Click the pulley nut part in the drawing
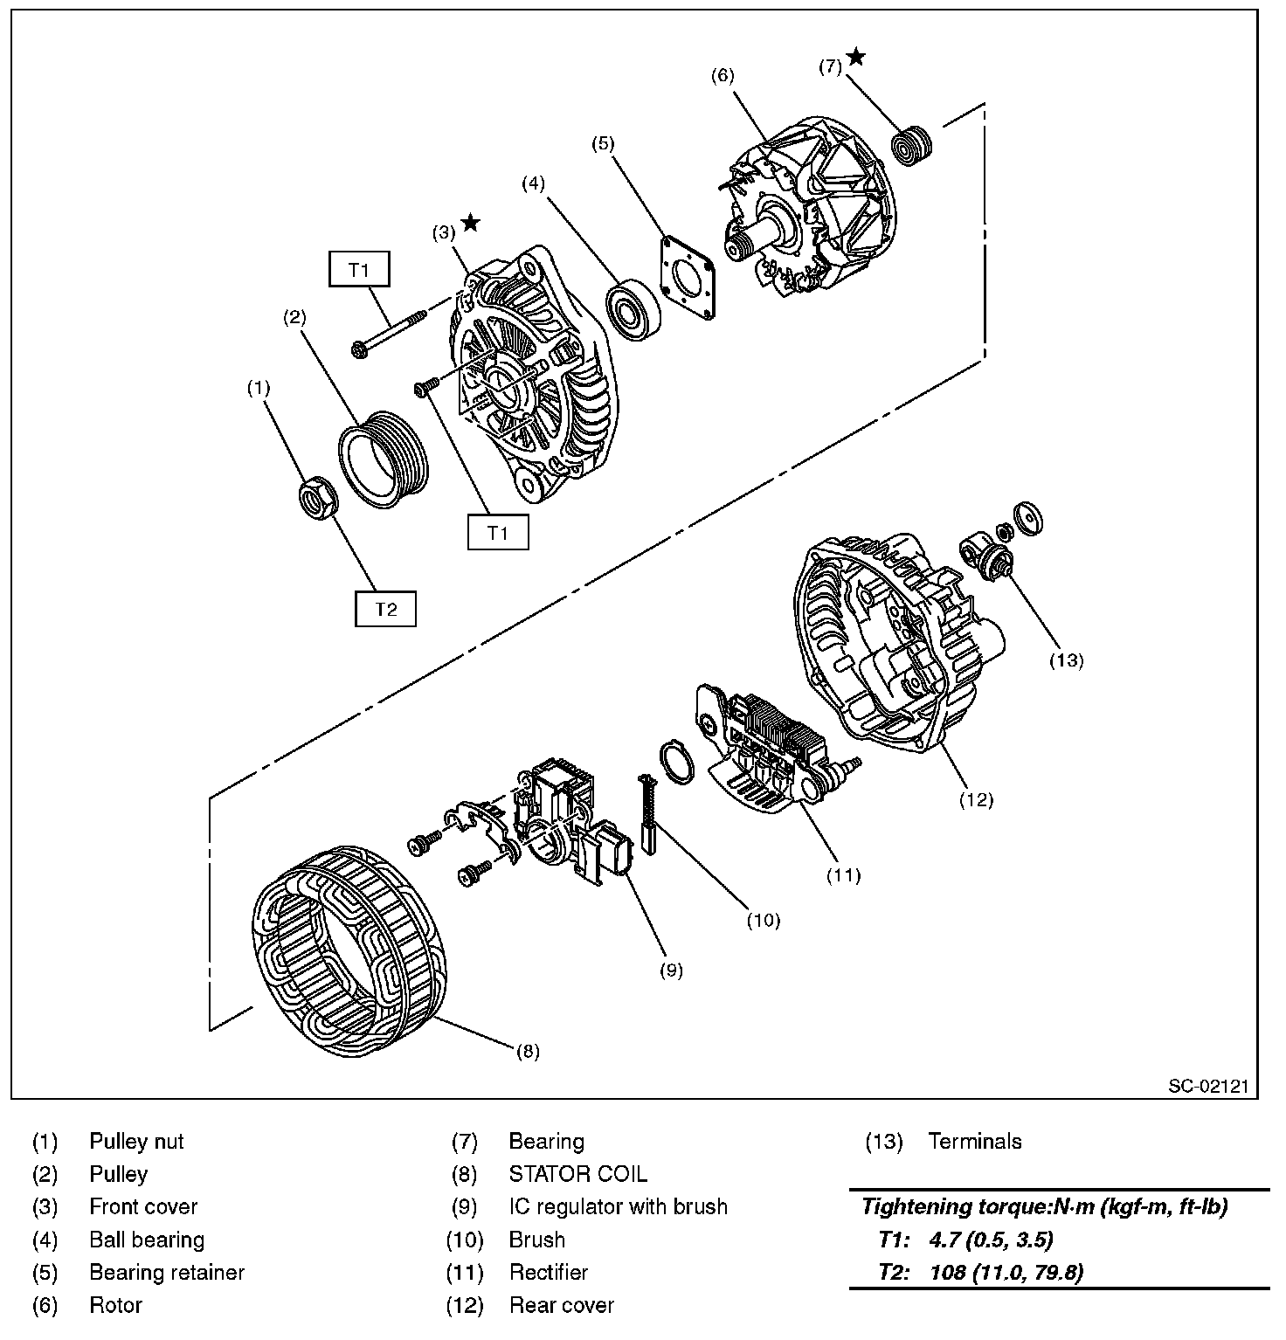point(317,498)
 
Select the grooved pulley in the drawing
point(381,459)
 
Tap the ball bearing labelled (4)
point(634,310)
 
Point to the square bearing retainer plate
point(688,276)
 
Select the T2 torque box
point(385,609)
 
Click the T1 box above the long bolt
point(359,270)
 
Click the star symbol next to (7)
point(856,57)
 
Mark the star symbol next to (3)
point(470,223)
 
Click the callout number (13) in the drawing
point(1066,660)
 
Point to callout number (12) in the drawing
point(976,799)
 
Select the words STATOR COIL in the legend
point(578,1174)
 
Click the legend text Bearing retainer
point(167,1273)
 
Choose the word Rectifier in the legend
point(549,1273)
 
